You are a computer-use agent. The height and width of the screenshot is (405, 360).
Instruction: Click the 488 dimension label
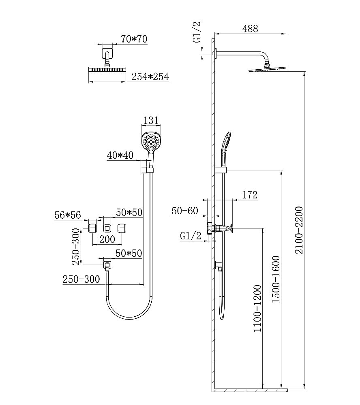[x=250, y=29]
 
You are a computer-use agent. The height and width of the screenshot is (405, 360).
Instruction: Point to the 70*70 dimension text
[x=134, y=39]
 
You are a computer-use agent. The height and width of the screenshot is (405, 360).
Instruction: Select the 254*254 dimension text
[x=150, y=77]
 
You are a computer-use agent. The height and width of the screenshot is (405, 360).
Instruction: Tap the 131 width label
[x=150, y=120]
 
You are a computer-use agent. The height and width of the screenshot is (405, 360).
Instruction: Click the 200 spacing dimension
[x=107, y=239]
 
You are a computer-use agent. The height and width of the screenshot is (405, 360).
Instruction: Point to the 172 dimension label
[x=250, y=195]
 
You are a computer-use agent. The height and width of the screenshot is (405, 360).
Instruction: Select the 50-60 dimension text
[x=184, y=211]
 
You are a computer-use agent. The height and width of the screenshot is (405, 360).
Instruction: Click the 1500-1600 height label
[x=276, y=279]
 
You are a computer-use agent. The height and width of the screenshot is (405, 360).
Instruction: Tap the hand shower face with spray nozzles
[x=150, y=140]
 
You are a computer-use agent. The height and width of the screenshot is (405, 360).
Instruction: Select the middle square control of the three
[x=107, y=228]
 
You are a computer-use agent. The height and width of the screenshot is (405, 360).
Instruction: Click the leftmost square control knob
[x=92, y=228]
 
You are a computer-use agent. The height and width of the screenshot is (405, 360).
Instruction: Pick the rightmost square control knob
[x=122, y=228]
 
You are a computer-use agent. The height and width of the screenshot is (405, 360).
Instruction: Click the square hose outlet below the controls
[x=107, y=265]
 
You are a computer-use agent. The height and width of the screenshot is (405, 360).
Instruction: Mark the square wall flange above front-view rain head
[x=107, y=53]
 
